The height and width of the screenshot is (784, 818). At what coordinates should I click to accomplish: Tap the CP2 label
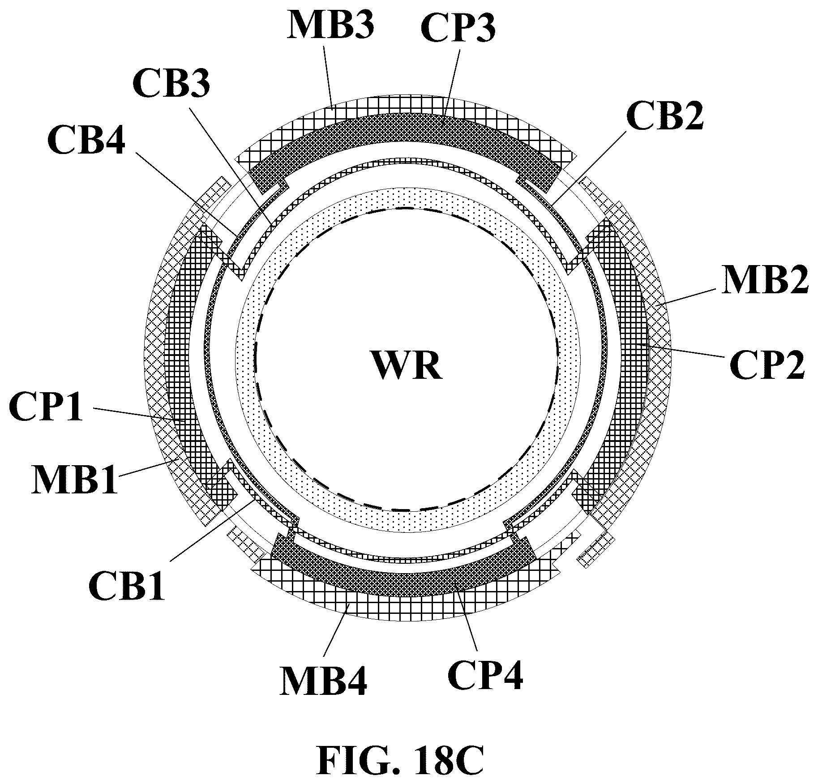767,364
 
